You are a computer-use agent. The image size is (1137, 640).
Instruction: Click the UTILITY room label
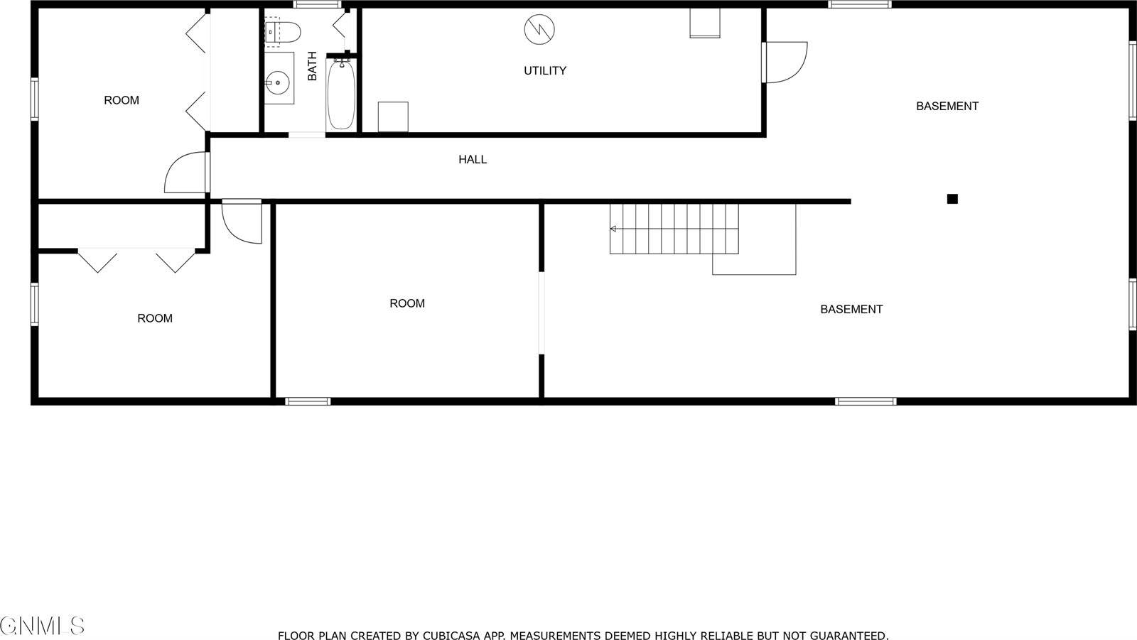point(545,70)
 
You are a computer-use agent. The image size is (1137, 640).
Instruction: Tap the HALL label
point(473,159)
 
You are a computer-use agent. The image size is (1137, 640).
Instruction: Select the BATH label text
point(312,65)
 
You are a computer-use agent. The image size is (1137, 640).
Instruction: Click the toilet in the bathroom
point(284,32)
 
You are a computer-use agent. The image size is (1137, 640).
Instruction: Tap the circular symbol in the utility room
point(539,29)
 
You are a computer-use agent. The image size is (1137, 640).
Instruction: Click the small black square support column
point(952,199)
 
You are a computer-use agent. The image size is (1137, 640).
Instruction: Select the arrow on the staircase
point(613,229)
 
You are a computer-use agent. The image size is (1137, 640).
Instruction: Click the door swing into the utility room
point(786,63)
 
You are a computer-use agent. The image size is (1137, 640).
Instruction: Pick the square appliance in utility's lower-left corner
point(393,116)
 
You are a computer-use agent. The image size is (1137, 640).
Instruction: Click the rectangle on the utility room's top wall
point(705,23)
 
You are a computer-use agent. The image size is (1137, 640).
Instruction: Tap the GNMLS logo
point(43,626)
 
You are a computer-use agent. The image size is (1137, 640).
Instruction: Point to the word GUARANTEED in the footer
point(849,636)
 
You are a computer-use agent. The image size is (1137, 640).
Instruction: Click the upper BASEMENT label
point(947,106)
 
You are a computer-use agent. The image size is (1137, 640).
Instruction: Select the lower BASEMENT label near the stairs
point(851,309)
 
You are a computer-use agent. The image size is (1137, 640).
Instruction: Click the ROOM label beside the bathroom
point(122,100)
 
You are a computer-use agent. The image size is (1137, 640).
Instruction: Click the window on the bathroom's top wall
point(318,5)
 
